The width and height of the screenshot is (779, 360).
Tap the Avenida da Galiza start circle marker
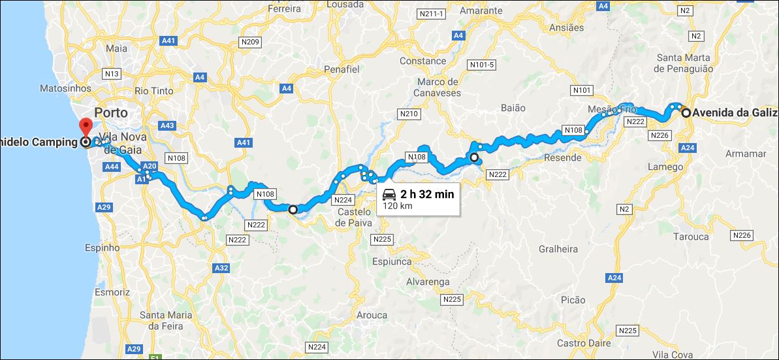pyautogui.click(x=686, y=113)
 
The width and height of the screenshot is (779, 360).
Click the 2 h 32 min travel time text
pyautogui.click(x=426, y=193)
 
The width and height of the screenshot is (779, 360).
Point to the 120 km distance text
pyautogui.click(x=398, y=206)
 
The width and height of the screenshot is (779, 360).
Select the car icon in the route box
pyautogui.click(x=389, y=193)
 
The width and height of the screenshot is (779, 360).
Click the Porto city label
pyautogui.click(x=111, y=111)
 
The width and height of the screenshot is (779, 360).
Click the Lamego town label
pyautogui.click(x=664, y=167)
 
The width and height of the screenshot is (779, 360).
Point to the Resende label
pyautogui.click(x=562, y=157)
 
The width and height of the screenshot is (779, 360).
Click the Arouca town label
pyautogui.click(x=372, y=315)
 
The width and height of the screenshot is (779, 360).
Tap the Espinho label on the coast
pyautogui.click(x=103, y=248)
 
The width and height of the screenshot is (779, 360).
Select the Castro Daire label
pyautogui.click(x=584, y=342)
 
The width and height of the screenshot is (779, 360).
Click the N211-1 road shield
pyautogui.click(x=431, y=14)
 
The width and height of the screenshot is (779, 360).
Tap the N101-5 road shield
pyautogui.click(x=482, y=65)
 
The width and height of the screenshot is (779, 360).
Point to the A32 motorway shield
pyautogui.click(x=221, y=268)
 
